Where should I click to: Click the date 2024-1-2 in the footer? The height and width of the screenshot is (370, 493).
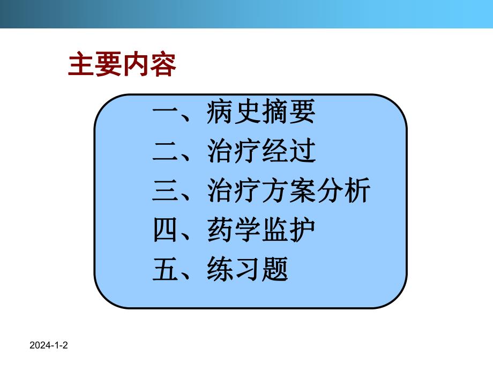[x=50, y=347]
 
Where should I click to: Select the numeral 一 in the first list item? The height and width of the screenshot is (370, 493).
[x=166, y=114]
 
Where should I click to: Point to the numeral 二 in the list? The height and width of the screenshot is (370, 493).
[x=166, y=153]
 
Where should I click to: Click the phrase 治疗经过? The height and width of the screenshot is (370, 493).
[x=261, y=152]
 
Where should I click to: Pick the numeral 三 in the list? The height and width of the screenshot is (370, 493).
[x=166, y=192]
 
